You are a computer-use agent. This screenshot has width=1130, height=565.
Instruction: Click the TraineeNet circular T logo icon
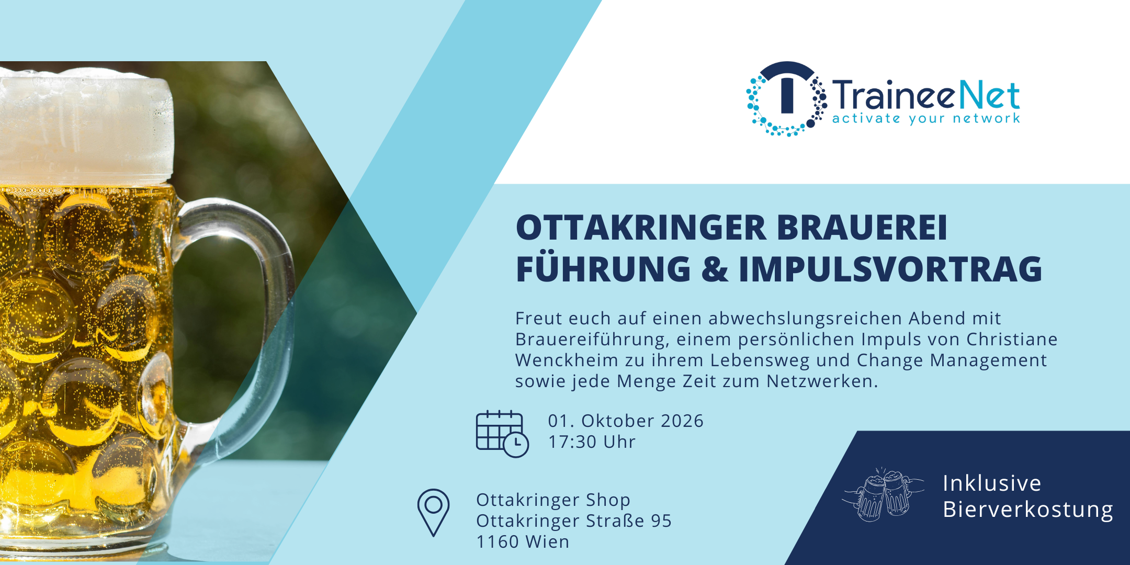click(786, 99)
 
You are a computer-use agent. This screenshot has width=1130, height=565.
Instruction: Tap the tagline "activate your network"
click(926, 118)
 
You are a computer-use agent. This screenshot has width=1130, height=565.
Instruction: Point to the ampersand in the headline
click(715, 269)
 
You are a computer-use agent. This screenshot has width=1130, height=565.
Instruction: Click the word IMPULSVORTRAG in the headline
click(890, 269)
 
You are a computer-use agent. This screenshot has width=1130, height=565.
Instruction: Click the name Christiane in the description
click(1012, 339)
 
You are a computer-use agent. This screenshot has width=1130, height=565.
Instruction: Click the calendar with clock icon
click(502, 434)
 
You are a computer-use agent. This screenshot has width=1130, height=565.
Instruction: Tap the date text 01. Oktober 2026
click(626, 421)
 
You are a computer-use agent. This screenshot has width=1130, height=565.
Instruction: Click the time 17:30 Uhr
click(592, 442)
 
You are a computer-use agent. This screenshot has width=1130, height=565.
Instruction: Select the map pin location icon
click(433, 513)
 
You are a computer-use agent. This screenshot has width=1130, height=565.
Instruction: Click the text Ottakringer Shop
click(553, 500)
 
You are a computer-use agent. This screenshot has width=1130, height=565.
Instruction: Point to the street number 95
click(661, 521)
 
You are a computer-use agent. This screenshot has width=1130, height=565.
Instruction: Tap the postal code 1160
click(497, 541)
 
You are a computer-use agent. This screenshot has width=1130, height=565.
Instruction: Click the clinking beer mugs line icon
click(883, 494)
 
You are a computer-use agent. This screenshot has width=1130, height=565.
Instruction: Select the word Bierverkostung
click(1028, 510)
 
